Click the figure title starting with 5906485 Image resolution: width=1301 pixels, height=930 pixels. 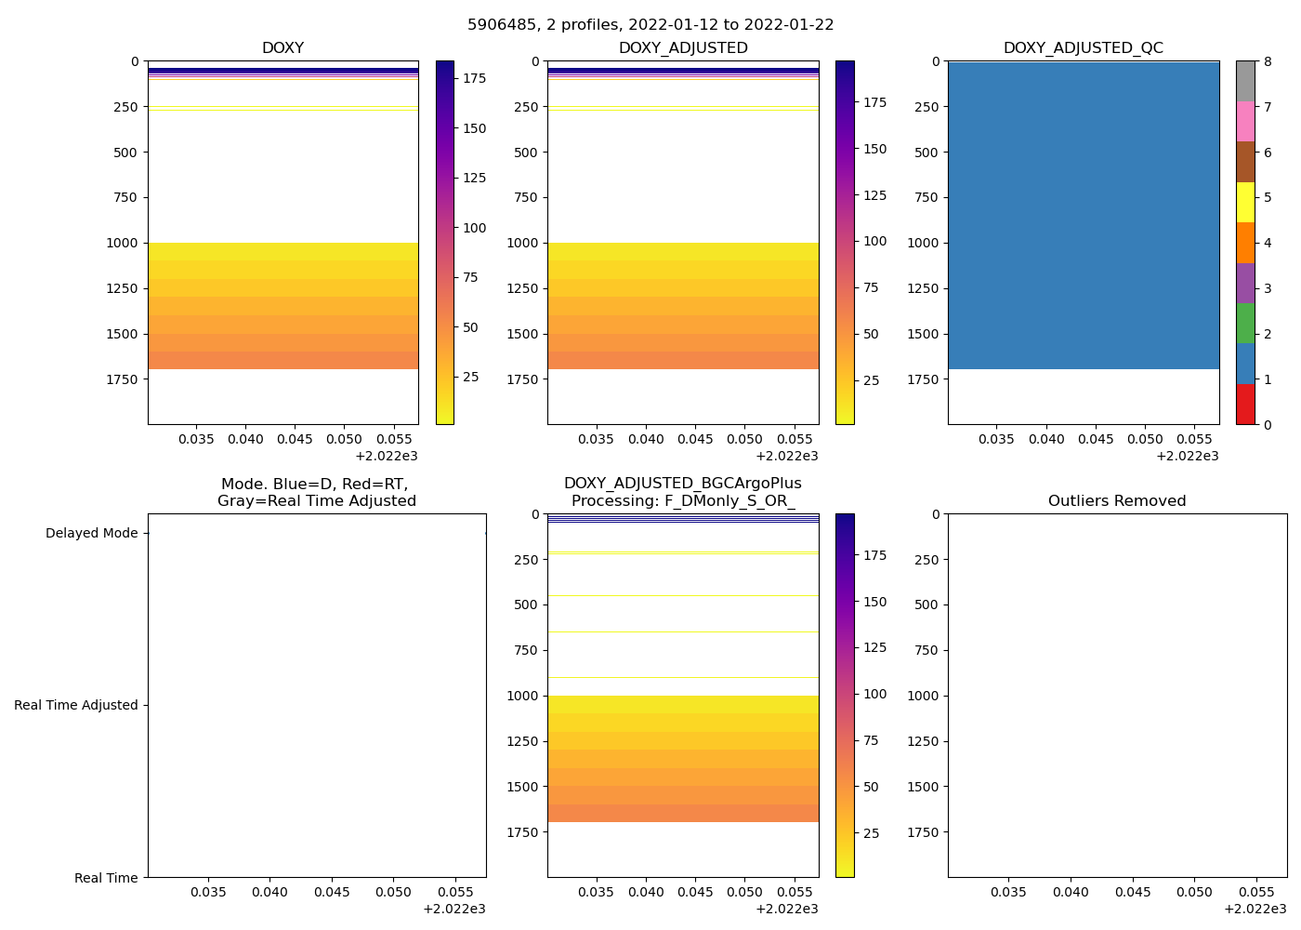click(x=650, y=25)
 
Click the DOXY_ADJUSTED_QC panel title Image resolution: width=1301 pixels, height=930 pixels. click(x=1083, y=48)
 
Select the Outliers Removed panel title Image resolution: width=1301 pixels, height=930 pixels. click(x=1117, y=501)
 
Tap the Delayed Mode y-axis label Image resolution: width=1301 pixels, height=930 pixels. click(x=91, y=534)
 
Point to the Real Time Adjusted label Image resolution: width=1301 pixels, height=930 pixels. click(x=76, y=706)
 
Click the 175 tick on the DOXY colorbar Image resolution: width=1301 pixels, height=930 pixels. click(x=474, y=79)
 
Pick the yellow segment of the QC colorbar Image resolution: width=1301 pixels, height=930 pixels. click(x=1245, y=202)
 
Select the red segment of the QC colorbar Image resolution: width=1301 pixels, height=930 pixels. click(x=1245, y=405)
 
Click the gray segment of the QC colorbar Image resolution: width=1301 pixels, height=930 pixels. click(x=1245, y=81)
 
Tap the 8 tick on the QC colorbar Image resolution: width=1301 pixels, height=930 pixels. click(x=1268, y=62)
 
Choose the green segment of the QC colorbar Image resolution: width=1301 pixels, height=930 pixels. click(x=1245, y=323)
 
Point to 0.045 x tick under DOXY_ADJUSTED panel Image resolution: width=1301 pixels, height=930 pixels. click(x=695, y=439)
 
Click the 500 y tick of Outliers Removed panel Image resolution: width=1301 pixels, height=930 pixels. click(x=926, y=605)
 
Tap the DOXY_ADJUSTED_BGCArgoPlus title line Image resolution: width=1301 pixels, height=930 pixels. click(x=682, y=485)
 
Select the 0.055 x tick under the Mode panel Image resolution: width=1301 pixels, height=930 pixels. click(x=453, y=892)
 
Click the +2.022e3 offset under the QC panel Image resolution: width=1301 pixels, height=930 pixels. click(x=1187, y=456)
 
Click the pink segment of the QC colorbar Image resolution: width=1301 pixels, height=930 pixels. click(x=1245, y=121)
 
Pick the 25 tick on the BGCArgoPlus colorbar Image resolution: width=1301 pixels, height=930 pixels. click(x=871, y=833)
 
